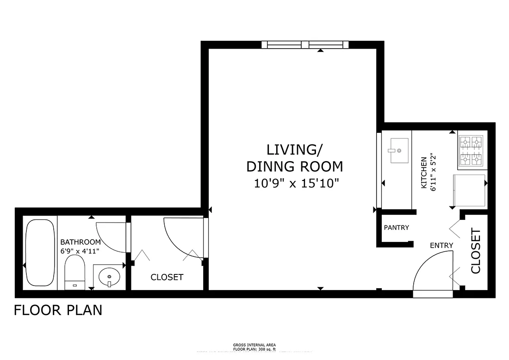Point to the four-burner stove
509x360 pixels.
tap(471, 151)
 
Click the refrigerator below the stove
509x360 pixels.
tap(468, 191)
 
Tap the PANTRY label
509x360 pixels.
tap(396, 228)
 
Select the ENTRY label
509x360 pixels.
tap(441, 245)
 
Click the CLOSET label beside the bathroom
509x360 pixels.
tap(167, 277)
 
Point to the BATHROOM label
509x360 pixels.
tap(81, 242)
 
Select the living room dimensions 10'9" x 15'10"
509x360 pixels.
tap(294, 183)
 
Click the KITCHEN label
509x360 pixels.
tap(423, 172)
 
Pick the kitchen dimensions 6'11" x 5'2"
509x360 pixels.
tap(434, 172)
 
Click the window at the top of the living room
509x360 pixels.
tap(304, 45)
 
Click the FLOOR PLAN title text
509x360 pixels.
tap(58, 310)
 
